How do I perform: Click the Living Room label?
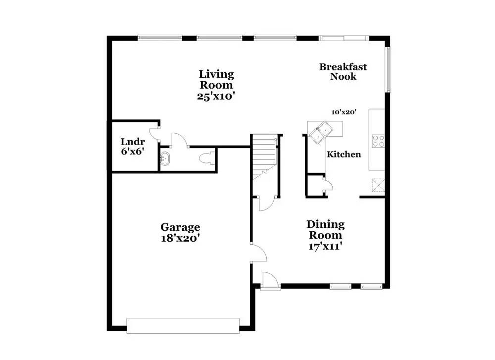(x=216, y=79)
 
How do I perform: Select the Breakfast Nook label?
(x=343, y=72)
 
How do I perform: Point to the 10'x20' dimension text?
(x=344, y=112)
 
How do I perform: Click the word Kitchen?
(x=344, y=154)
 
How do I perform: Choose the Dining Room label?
(x=325, y=230)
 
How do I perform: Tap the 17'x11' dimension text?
(x=325, y=246)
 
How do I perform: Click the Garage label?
(x=180, y=227)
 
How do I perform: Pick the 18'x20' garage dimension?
(x=180, y=238)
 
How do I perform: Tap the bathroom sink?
(x=166, y=159)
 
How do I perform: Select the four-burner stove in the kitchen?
(x=378, y=141)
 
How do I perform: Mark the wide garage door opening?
(x=183, y=325)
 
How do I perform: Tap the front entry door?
(x=270, y=281)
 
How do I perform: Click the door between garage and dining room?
(x=258, y=253)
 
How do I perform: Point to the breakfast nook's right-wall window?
(x=389, y=69)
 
